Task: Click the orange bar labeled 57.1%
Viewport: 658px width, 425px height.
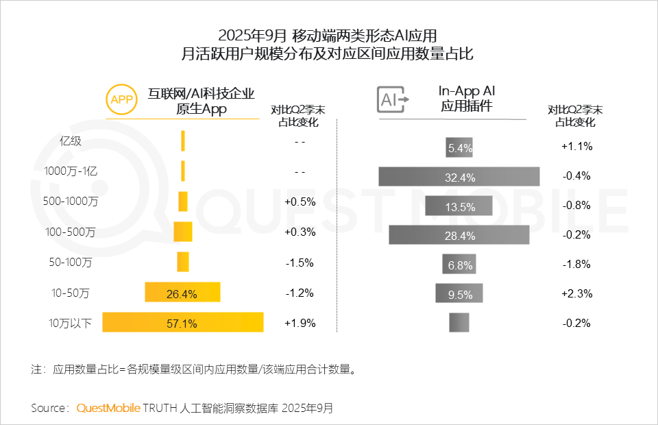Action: click(x=183, y=322)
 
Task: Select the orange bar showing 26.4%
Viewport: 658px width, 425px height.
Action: click(x=182, y=293)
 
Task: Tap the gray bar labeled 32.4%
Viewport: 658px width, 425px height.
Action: click(x=459, y=176)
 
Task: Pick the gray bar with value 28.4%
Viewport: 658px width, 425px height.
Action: click(x=459, y=234)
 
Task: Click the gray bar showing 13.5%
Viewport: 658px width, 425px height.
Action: click(x=459, y=206)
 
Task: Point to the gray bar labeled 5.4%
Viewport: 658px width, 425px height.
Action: click(x=459, y=147)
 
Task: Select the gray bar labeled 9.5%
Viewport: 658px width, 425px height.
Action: click(x=459, y=293)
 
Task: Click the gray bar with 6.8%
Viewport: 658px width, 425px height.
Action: click(x=459, y=264)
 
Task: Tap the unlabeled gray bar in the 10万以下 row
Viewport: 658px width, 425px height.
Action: click(x=459, y=322)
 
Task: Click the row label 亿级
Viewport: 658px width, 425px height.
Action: click(x=71, y=142)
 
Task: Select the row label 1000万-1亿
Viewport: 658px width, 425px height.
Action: click(x=71, y=171)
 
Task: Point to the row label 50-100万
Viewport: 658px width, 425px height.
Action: click(x=71, y=263)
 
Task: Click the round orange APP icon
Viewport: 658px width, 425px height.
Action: click(x=121, y=99)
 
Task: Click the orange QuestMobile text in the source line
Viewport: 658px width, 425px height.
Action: click(x=108, y=408)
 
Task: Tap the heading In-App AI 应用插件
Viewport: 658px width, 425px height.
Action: click(x=466, y=99)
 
